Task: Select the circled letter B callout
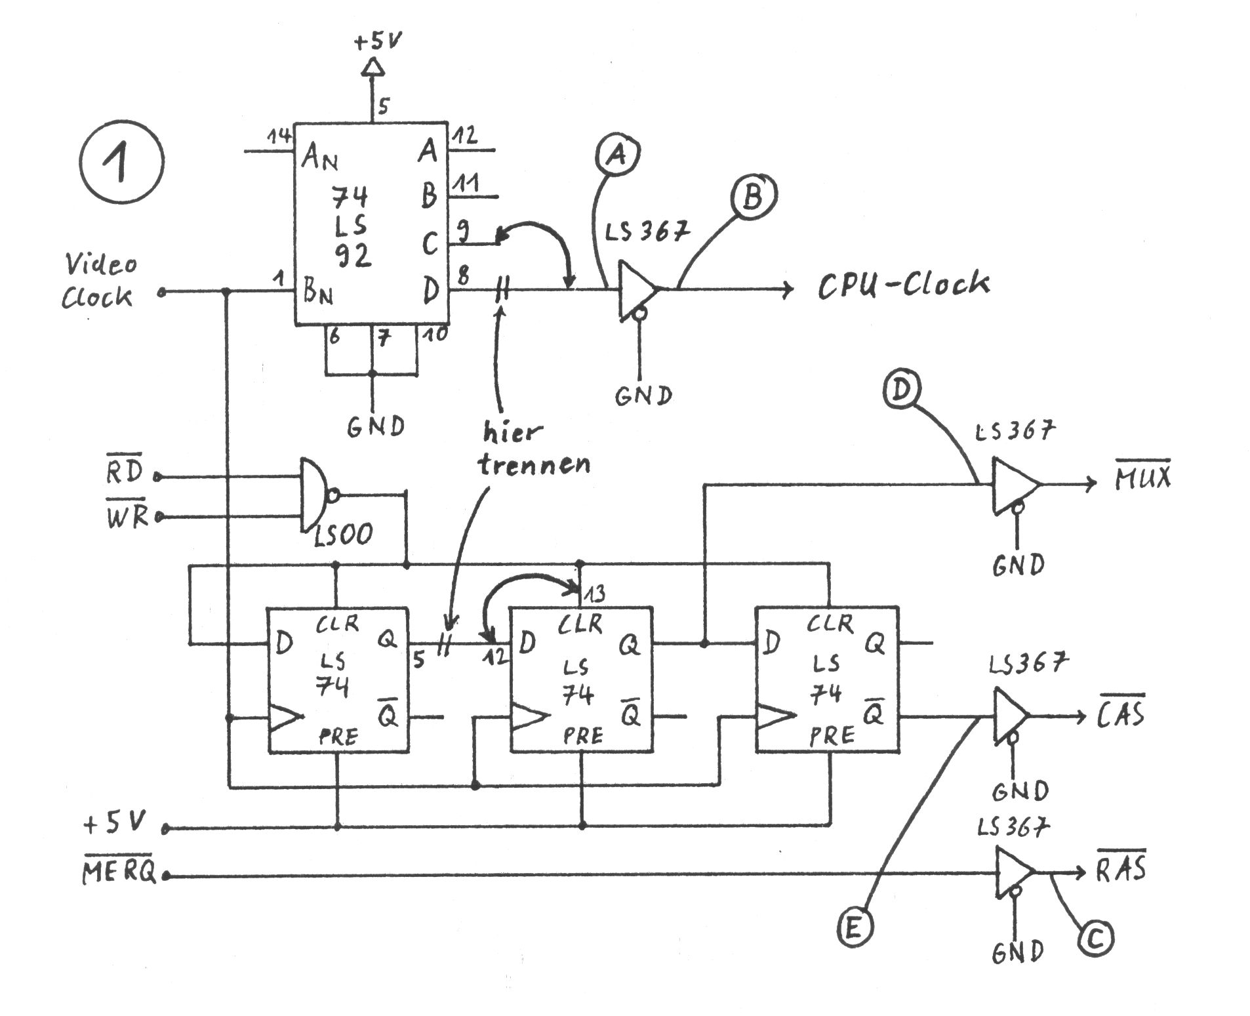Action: pyautogui.click(x=752, y=195)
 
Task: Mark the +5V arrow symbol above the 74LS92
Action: pyautogui.click(x=373, y=66)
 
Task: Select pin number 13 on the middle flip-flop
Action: pyautogui.click(x=594, y=594)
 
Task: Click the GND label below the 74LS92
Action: pyautogui.click(x=376, y=427)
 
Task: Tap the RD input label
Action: pyautogui.click(x=125, y=471)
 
